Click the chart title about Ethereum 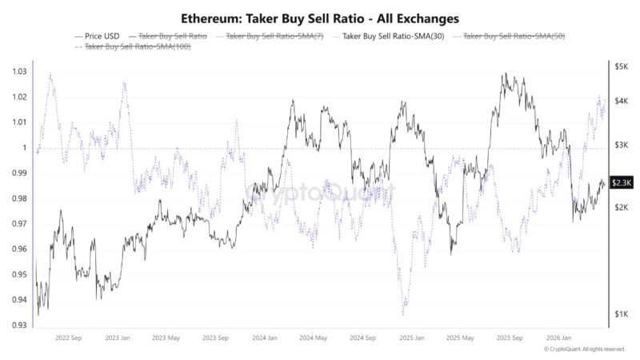320,17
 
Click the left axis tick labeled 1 24,148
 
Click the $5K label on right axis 621,67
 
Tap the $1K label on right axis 621,314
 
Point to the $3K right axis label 621,145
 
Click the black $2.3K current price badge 622,182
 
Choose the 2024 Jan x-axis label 264,338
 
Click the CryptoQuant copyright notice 583,350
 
